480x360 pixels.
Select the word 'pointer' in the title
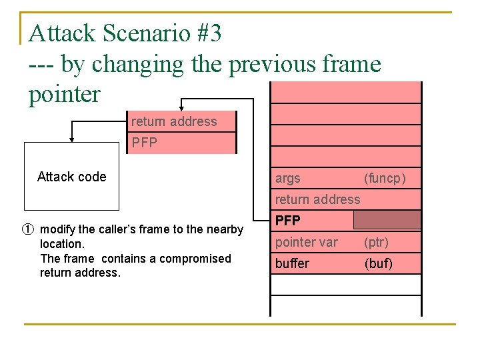point(64,94)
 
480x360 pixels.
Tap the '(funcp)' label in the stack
point(385,179)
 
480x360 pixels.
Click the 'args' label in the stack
point(288,179)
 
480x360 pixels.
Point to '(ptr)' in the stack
point(376,242)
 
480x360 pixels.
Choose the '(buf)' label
point(378,264)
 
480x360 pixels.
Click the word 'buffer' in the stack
point(292,264)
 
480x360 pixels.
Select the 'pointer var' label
point(307,242)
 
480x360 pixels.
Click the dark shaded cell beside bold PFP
point(387,220)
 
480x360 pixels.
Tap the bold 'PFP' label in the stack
point(288,220)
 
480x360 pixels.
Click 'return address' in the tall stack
point(317,199)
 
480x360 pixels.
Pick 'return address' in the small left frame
point(174,121)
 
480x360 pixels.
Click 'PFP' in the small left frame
point(144,143)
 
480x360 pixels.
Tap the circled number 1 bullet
point(28,229)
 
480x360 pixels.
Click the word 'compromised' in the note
point(198,259)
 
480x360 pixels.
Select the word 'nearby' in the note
point(225,229)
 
